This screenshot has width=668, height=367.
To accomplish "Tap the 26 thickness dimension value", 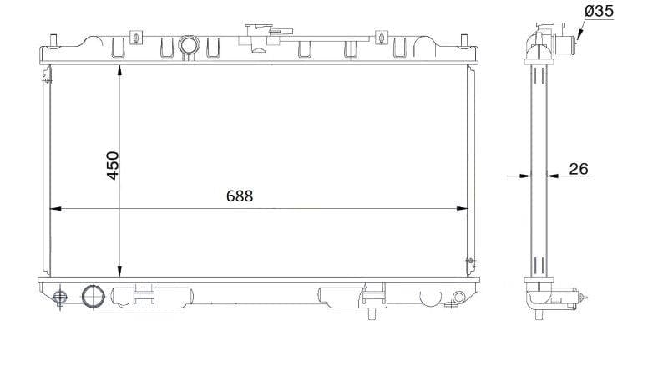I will pyautogui.click(x=578, y=169).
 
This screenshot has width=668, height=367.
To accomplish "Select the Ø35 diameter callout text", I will pyautogui.click(x=600, y=12).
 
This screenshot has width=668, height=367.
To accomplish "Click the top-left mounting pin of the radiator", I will pyautogui.click(x=54, y=39).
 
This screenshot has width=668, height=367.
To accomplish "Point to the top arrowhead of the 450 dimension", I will pyautogui.click(x=120, y=68).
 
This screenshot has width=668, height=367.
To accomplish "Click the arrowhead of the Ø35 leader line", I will pyautogui.click(x=575, y=35).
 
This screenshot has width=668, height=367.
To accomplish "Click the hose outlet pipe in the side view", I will pyautogui.click(x=560, y=39).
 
